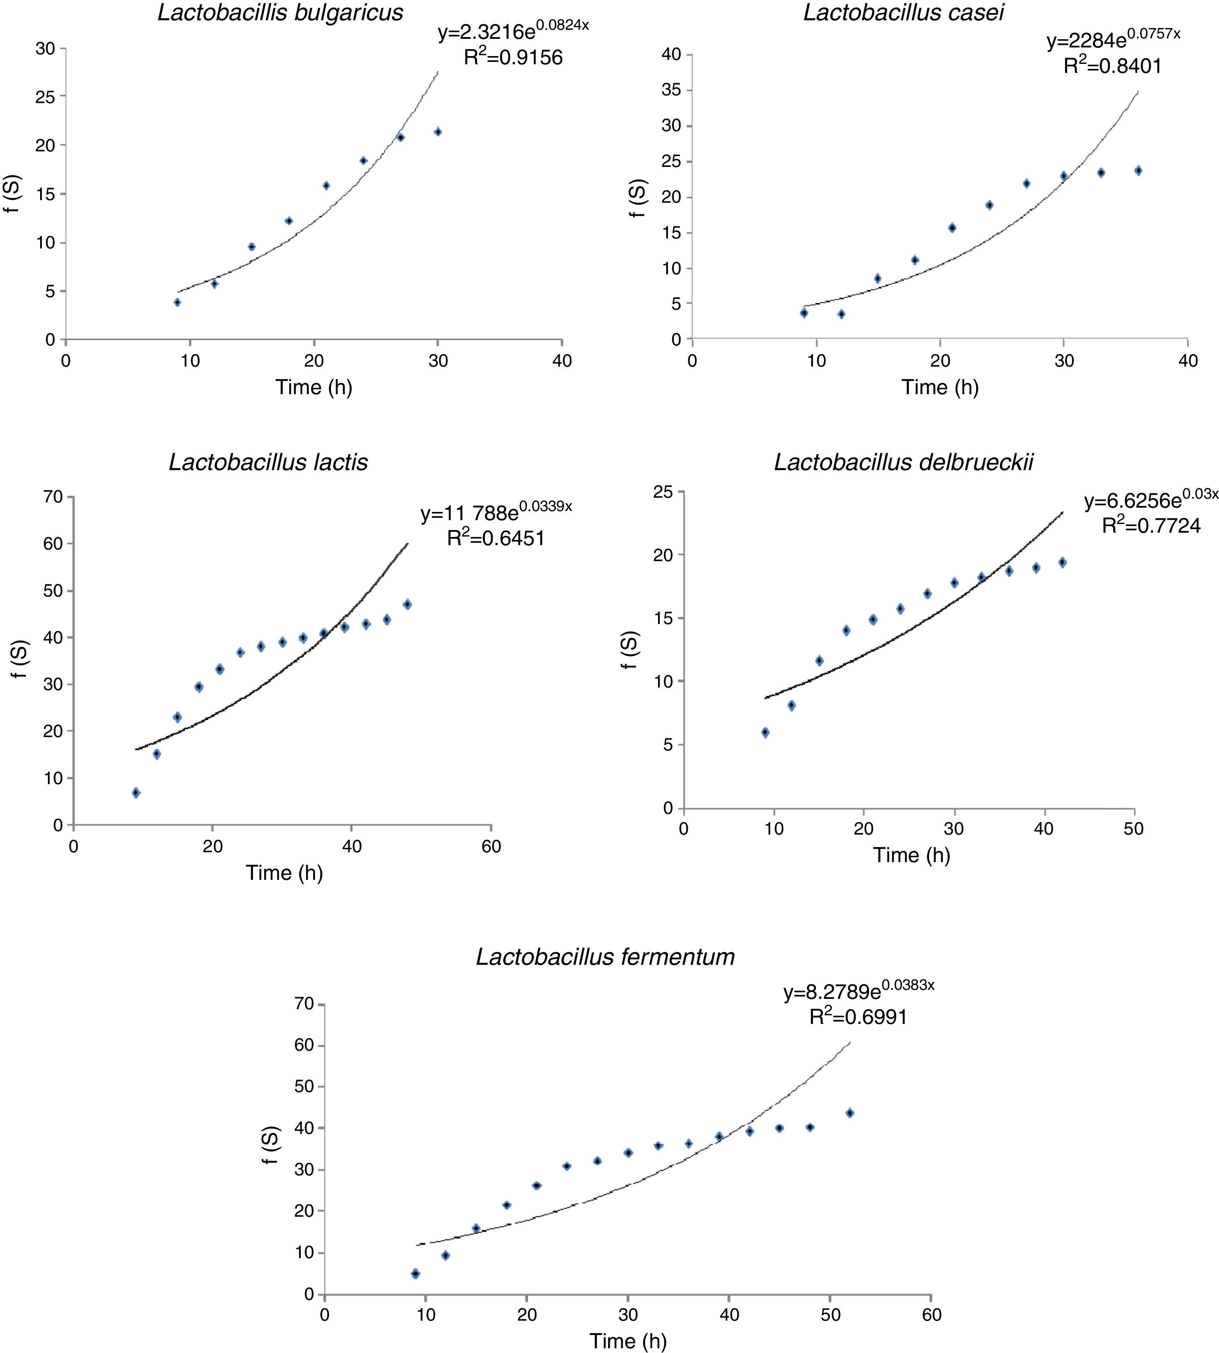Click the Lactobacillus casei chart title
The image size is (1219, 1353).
pos(904,13)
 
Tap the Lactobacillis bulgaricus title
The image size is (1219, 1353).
pos(280,13)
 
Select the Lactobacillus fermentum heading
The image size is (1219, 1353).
pos(605,957)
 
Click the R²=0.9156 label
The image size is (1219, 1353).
pos(513,57)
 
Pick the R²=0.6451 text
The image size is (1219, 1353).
pos(496,537)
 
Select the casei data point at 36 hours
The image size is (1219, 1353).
pos(1138,171)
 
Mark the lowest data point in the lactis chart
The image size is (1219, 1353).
pos(136,793)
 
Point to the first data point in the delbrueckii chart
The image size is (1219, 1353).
pos(765,732)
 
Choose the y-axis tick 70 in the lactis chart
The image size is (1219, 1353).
pos(54,497)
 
